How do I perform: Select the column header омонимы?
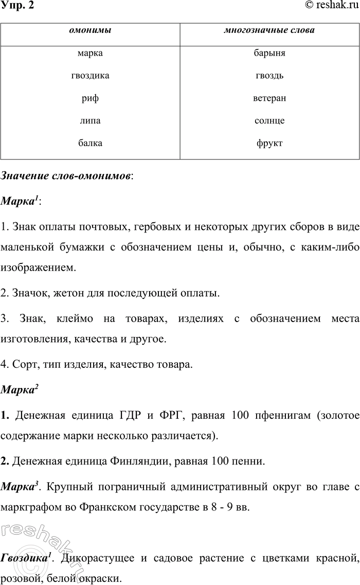pos(90,30)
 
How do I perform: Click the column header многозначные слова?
pos(269,30)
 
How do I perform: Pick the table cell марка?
pos(90,53)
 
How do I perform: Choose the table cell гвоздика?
pos(90,76)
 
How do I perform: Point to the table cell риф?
pos(90,98)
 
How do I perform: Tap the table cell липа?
pos(90,121)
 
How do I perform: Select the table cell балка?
pos(90,144)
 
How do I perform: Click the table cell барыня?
pos(269,53)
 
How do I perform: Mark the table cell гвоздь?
pos(269,76)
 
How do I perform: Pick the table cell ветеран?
pos(269,98)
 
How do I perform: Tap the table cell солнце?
pos(269,121)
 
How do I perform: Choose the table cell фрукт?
pos(269,144)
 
